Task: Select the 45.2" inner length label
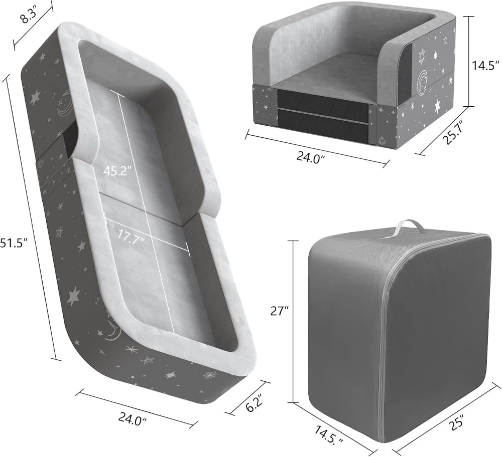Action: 117,171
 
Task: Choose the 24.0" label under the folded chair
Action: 311,157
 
